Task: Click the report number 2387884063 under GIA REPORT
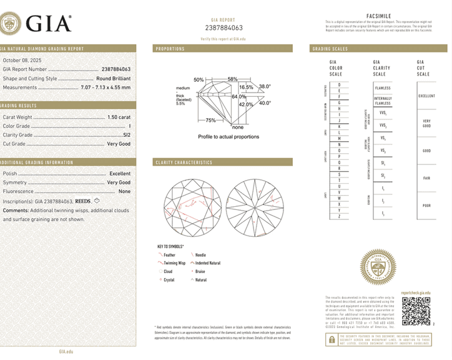point(224,28)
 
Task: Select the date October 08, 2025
point(21,59)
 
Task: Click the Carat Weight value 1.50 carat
point(116,117)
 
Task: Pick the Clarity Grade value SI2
point(126,134)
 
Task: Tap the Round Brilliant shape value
point(113,79)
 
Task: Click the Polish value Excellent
point(120,173)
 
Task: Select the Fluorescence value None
point(124,191)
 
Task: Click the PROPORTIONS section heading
point(170,48)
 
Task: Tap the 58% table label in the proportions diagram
point(232,79)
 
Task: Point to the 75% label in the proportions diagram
point(210,120)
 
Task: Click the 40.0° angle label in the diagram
point(265,102)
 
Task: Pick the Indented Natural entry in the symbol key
point(207,263)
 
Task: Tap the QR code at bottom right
point(415,311)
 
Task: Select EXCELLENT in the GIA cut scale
point(426,96)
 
